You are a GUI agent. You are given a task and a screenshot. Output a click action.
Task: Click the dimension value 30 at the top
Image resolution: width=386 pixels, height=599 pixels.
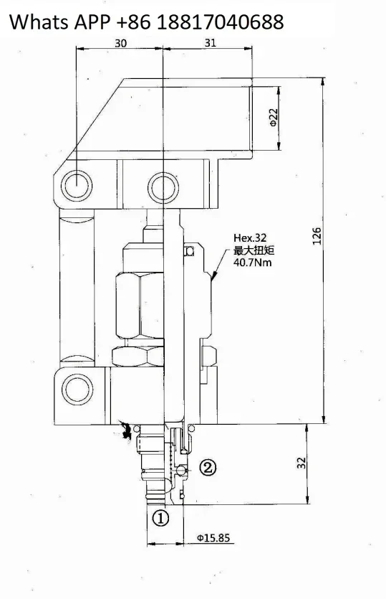click(120, 43)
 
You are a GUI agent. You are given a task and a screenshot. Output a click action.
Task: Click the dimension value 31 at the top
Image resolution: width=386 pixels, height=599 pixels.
click(210, 43)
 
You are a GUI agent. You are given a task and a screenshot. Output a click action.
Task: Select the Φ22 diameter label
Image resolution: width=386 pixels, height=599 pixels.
click(274, 117)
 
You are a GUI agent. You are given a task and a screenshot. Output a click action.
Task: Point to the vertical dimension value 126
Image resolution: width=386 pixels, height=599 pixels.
click(317, 236)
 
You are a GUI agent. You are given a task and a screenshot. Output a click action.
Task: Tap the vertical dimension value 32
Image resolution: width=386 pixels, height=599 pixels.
click(301, 463)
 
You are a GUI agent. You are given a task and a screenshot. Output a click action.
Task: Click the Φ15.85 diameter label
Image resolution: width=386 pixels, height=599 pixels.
click(213, 538)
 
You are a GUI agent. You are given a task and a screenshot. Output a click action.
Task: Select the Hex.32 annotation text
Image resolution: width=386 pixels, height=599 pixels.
click(250, 238)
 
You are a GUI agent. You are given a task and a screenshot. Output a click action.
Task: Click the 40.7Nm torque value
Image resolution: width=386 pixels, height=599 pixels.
click(253, 263)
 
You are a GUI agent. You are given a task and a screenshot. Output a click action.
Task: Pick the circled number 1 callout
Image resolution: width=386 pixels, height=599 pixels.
click(160, 518)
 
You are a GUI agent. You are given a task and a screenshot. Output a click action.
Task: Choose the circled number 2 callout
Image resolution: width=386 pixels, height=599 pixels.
click(208, 467)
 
